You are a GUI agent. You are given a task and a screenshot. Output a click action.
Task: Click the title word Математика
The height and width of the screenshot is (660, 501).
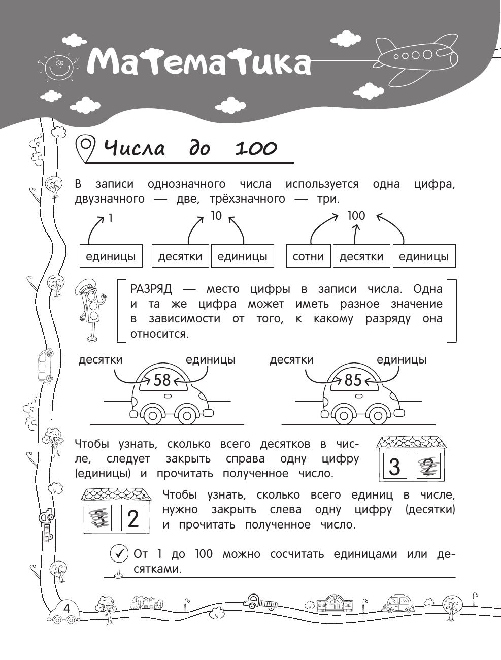coord(198,63)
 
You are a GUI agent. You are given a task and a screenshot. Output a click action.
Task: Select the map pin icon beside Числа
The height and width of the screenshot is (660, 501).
coord(85,148)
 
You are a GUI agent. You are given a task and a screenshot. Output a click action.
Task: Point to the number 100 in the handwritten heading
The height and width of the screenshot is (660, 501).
coord(256,148)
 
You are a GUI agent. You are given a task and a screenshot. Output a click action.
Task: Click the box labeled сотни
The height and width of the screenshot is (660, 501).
coord(309,256)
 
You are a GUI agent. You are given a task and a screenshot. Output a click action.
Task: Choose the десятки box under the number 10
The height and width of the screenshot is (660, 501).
coord(180,256)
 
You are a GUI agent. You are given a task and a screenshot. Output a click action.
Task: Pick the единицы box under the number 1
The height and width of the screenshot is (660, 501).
coord(111,256)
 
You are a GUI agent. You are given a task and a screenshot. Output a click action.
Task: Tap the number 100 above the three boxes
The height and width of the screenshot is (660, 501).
coord(356,216)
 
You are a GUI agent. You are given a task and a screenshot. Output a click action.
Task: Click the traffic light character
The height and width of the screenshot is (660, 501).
coord(91,310)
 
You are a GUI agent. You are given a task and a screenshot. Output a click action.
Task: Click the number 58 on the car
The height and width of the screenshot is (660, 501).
coord(162,380)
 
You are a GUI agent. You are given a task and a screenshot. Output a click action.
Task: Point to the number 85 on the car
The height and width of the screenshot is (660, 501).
coord(353,380)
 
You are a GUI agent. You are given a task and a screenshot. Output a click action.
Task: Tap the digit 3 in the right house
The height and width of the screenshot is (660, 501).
coord(394,466)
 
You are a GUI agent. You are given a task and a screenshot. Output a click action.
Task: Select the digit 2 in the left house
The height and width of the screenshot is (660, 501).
coord(133,518)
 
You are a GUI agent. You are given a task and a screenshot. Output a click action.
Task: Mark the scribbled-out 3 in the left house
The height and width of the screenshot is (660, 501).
coord(100,518)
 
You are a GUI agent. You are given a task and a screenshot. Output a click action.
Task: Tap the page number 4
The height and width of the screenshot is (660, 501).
coord(66,608)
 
